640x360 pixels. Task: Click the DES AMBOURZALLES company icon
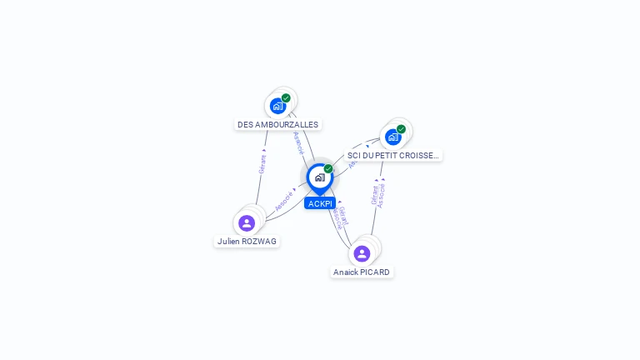tap(278, 106)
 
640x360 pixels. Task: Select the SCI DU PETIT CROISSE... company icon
tap(392, 137)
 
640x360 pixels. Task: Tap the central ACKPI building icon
tap(319, 177)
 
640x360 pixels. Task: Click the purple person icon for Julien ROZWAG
tap(247, 222)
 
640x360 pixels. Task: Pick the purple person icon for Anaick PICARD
tap(362, 252)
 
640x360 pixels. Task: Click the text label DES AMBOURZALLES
tap(277, 125)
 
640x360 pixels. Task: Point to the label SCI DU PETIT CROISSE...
tap(392, 155)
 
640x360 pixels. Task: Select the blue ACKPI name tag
tap(320, 203)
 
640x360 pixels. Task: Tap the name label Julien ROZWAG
tap(247, 241)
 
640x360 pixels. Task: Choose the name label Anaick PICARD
tap(362, 272)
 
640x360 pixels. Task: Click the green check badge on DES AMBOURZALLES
tap(286, 98)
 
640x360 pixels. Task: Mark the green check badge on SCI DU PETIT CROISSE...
tap(401, 129)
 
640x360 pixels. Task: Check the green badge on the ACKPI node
tap(328, 168)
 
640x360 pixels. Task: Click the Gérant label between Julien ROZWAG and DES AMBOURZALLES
tap(262, 164)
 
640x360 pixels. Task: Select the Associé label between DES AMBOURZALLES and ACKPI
tap(298, 142)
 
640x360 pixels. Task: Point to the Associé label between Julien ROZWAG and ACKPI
tap(284, 201)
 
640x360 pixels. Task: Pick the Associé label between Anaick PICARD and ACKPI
tap(336, 218)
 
